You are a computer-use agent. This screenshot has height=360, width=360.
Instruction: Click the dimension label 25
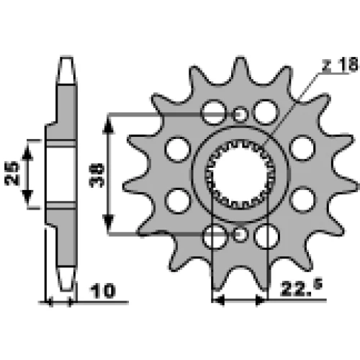click(x=12, y=174)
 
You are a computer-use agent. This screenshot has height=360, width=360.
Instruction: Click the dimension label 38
click(x=96, y=175)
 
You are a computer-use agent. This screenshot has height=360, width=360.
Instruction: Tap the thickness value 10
click(x=102, y=291)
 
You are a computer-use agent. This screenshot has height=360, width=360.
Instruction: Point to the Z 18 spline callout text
click(x=341, y=64)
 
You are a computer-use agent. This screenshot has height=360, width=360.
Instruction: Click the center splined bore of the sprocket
click(x=240, y=174)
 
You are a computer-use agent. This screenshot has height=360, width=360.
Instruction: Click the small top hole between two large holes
click(x=240, y=114)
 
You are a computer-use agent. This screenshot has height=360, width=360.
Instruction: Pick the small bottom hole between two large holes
click(x=240, y=233)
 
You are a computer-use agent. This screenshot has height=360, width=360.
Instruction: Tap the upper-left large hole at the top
click(x=214, y=112)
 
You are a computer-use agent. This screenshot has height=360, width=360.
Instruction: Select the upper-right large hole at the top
click(x=266, y=112)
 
